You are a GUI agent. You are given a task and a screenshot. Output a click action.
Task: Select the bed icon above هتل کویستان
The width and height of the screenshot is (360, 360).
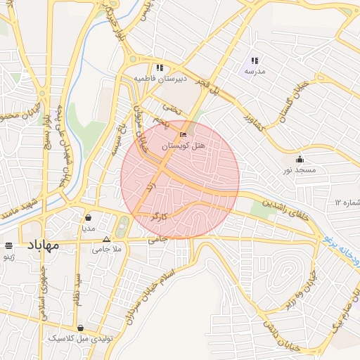(184, 134)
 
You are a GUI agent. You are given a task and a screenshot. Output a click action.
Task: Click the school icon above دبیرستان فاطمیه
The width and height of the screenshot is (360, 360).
(160, 68)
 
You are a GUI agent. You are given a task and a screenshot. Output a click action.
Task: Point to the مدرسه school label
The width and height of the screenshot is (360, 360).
(254, 72)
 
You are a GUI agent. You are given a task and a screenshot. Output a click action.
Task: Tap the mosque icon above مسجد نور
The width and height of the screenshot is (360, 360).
(300, 159)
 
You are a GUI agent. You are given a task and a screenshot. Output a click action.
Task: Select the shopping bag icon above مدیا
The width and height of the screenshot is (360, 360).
(88, 218)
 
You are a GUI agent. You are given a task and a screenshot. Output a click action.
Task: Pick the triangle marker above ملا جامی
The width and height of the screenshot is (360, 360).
(107, 239)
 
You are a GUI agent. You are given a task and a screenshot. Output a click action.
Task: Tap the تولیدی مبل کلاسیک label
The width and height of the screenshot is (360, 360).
(79, 338)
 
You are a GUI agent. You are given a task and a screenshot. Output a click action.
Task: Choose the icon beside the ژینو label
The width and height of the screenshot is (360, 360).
(8, 246)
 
